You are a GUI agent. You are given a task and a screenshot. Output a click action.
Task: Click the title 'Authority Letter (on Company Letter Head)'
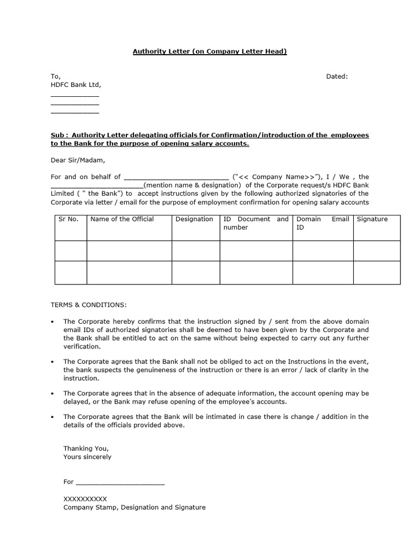(210, 51)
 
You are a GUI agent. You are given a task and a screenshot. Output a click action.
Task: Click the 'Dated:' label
(337, 77)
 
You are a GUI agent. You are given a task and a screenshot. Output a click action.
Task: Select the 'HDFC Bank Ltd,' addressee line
(76, 85)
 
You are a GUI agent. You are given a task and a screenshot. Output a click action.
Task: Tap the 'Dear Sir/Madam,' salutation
(77, 160)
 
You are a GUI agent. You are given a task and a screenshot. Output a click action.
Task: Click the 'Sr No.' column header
(68, 219)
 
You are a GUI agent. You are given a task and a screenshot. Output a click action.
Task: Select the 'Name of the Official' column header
(122, 219)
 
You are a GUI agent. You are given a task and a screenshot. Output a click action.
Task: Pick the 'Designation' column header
(194, 219)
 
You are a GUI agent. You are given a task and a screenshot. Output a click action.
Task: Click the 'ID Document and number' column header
(255, 223)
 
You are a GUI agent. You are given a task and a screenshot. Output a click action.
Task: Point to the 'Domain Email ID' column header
(322, 223)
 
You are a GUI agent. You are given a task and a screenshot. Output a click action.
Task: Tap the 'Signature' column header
(372, 219)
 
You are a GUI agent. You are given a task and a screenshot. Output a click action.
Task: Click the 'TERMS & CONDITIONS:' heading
(89, 305)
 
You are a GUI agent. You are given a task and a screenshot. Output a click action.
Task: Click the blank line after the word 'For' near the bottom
(120, 482)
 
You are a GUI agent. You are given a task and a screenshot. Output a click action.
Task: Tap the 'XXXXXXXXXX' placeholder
(85, 499)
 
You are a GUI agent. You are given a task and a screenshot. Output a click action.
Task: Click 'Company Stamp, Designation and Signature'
(135, 507)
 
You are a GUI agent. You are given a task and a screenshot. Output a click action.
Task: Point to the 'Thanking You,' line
(86, 448)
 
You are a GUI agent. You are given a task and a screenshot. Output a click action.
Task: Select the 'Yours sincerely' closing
(87, 457)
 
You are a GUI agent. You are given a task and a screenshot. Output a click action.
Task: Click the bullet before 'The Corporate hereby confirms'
(52, 322)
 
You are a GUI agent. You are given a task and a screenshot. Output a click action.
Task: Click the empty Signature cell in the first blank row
(376, 250)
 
